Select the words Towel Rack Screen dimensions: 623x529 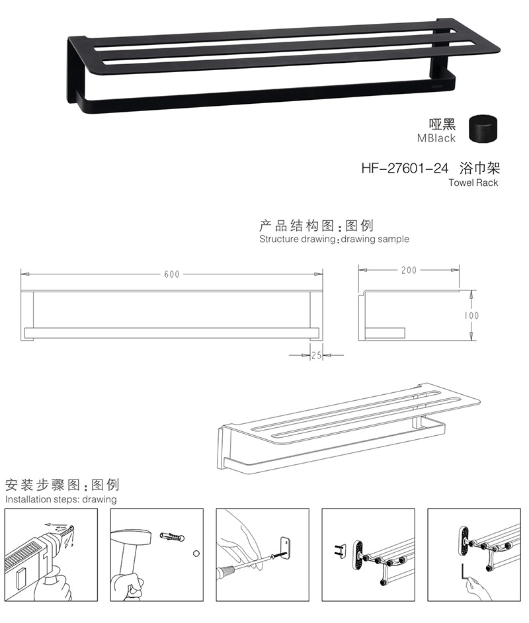tap(473, 183)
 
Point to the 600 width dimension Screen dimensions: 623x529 tap(172, 274)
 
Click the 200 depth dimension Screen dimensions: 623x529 tap(409, 270)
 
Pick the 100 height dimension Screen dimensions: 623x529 tap(471, 315)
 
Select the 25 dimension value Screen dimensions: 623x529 tap(315, 355)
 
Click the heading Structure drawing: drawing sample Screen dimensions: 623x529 tap(334, 239)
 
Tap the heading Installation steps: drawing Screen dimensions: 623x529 tap(61, 499)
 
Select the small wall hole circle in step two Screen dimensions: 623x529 tap(196, 552)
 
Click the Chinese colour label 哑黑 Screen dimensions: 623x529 tap(443, 124)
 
